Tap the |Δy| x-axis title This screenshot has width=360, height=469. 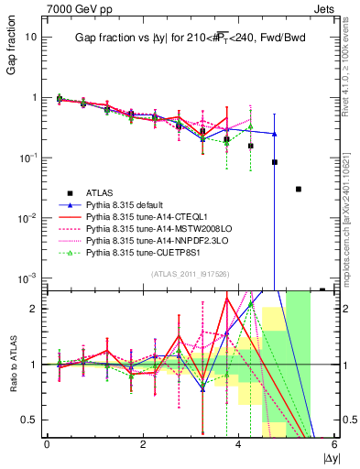(x=328, y=456)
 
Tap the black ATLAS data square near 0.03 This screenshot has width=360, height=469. (x=298, y=189)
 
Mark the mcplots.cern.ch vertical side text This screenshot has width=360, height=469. (x=350, y=211)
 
